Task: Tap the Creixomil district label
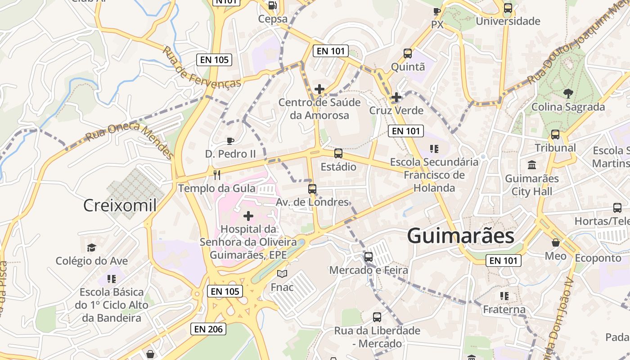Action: point(120,206)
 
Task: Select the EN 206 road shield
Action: point(208,329)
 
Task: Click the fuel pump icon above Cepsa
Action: point(272,5)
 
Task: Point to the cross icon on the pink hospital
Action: point(248,216)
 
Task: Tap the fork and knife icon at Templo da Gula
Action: point(217,175)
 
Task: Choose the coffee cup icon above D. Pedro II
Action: point(230,141)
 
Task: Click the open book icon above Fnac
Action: point(282,274)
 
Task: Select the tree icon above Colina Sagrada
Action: point(568,94)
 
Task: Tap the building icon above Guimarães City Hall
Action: point(532,165)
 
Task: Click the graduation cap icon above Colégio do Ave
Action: point(92,247)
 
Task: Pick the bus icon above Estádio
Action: point(338,153)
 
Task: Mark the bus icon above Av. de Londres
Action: point(312,189)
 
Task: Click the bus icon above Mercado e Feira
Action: point(369,257)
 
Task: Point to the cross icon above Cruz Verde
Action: point(396,97)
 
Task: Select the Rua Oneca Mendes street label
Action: point(130,139)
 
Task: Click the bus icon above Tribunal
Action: point(555,135)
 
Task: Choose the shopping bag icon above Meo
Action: point(556,243)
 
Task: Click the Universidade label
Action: point(508,21)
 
